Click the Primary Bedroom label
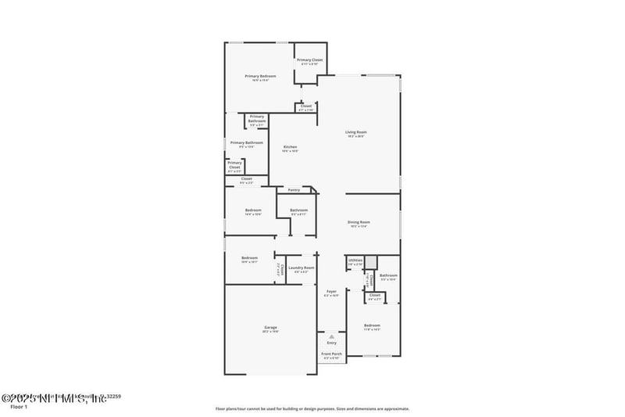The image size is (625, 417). click(x=260, y=76)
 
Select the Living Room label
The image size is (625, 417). click(x=356, y=132)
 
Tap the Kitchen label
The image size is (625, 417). click(x=290, y=147)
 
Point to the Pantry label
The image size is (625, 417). click(x=294, y=189)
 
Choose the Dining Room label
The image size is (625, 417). click(x=359, y=222)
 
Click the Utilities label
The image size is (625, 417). click(x=355, y=261)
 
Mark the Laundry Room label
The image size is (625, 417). click(x=301, y=268)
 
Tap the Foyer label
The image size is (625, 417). click(x=331, y=292)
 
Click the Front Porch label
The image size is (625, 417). click(x=331, y=354)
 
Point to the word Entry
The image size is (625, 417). click(x=331, y=342)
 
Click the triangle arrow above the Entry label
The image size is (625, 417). click(x=331, y=336)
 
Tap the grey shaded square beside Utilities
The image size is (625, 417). click(x=371, y=262)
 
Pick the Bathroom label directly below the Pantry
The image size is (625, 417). click(x=298, y=210)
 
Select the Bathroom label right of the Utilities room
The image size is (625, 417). click(x=388, y=275)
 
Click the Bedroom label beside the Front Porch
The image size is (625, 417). click(x=372, y=325)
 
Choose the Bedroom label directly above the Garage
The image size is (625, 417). click(x=249, y=258)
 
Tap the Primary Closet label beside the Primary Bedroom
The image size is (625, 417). click(x=310, y=60)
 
